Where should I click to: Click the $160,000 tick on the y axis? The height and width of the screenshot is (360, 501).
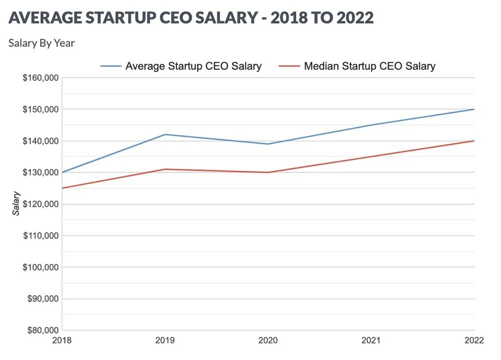(x=41, y=78)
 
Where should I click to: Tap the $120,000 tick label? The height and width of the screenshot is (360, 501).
(x=41, y=204)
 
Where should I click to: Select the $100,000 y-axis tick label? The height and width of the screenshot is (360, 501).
(x=41, y=267)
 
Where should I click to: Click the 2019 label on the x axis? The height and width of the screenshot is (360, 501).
(x=165, y=340)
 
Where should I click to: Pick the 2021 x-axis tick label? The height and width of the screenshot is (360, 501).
(x=371, y=340)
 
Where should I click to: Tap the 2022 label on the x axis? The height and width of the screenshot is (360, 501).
(x=474, y=340)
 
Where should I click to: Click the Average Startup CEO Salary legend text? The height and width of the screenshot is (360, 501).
(x=193, y=66)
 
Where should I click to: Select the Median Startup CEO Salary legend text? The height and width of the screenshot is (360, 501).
(x=370, y=66)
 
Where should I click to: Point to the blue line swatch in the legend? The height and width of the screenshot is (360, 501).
(x=111, y=66)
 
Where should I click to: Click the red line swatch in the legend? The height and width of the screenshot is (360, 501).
(x=289, y=66)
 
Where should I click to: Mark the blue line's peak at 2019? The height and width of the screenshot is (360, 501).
(x=165, y=134)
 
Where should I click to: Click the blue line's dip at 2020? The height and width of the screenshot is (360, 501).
(x=268, y=144)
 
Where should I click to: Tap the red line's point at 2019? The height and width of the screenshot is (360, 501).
(x=165, y=169)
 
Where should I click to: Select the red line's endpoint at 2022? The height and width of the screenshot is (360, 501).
(x=474, y=141)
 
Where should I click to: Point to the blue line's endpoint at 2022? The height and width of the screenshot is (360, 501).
(x=474, y=109)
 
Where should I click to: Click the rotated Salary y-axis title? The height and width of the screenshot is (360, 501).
(x=17, y=203)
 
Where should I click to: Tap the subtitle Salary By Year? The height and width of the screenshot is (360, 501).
(x=42, y=43)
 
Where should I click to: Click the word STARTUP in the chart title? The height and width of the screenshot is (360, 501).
(x=118, y=18)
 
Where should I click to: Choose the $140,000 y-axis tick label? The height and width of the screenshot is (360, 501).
(x=41, y=141)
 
